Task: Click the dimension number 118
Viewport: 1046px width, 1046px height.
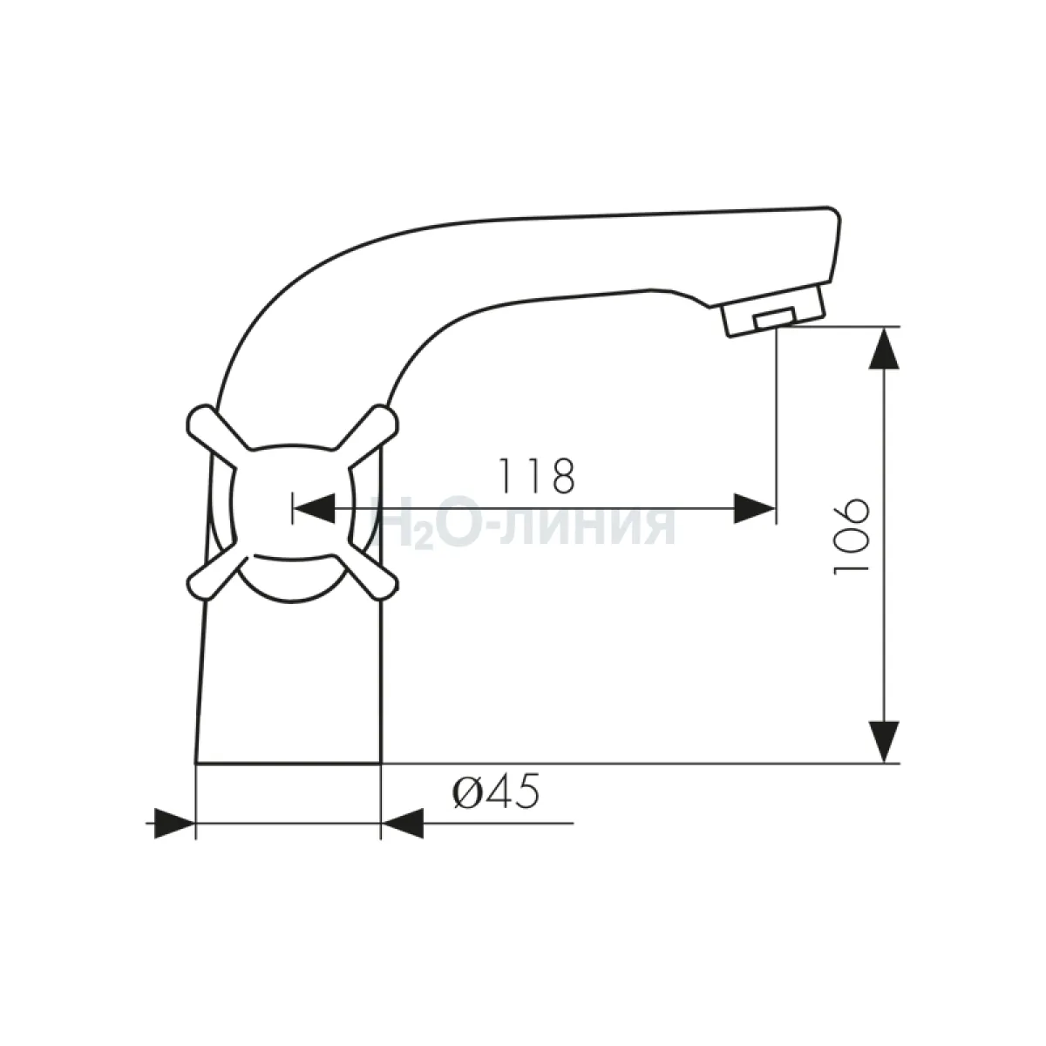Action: [x=537, y=476]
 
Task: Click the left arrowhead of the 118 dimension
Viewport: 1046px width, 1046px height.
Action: [x=314, y=508]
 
